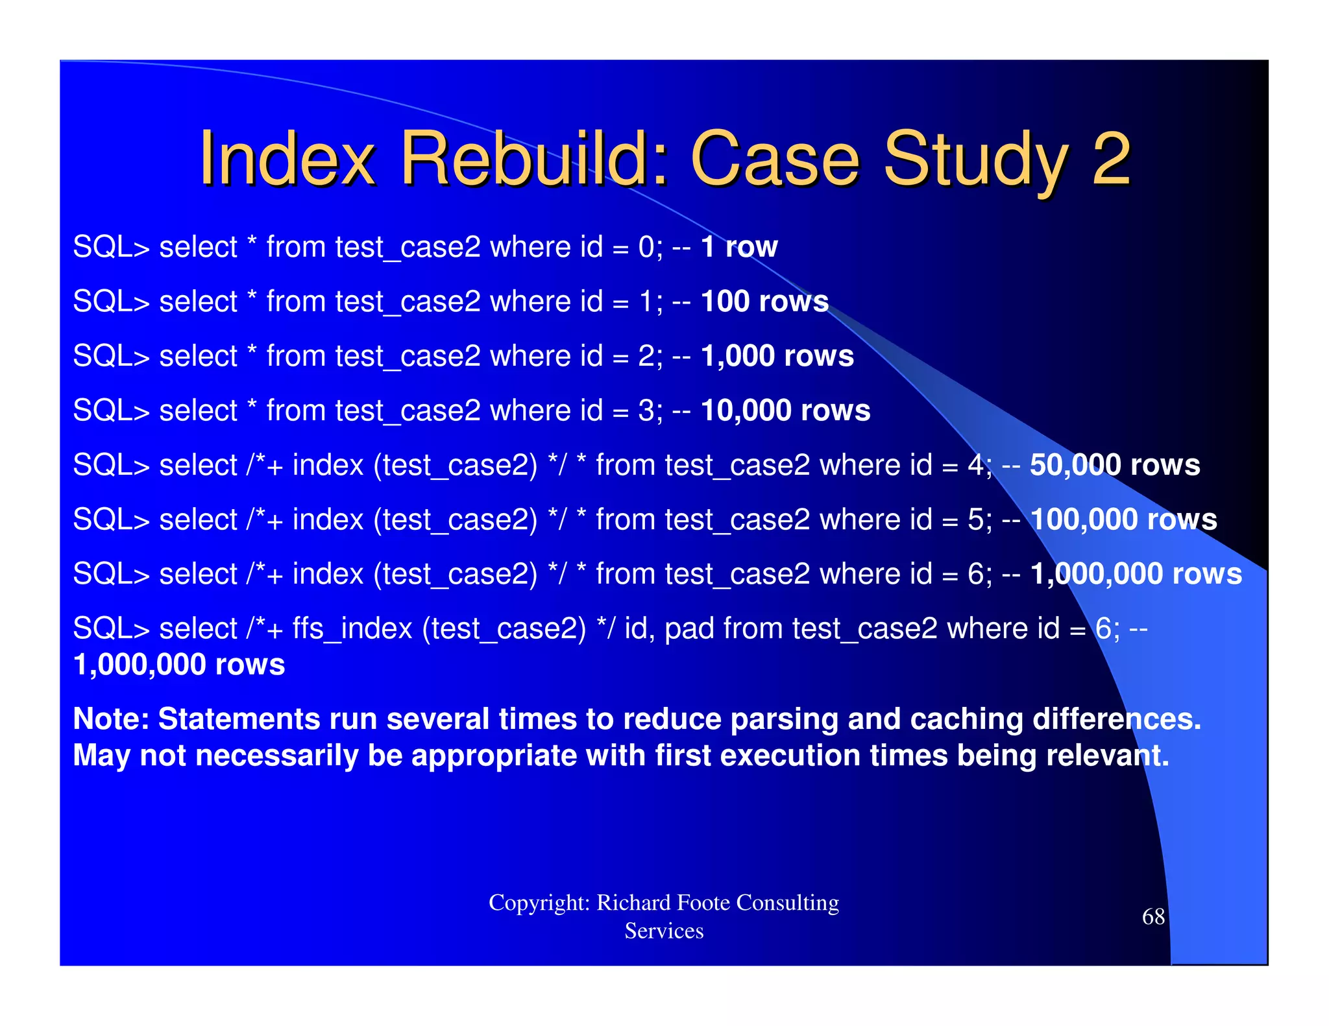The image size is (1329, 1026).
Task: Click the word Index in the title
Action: [x=287, y=159]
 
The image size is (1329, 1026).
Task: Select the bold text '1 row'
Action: [x=739, y=247]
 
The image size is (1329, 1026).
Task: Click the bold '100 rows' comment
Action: [x=764, y=302]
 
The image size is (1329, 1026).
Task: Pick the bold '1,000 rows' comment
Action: [x=777, y=356]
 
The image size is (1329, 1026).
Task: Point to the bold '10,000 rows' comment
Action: [x=785, y=411]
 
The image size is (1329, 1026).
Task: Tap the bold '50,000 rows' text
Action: [x=1114, y=465]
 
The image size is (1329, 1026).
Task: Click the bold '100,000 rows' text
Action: [x=1123, y=519]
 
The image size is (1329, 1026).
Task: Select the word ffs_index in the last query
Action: [x=352, y=628]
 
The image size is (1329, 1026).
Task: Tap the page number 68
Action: [x=1153, y=916]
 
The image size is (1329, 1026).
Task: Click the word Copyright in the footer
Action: [x=538, y=903]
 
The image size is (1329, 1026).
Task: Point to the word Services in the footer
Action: [x=664, y=931]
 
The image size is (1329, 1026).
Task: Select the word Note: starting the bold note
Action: [x=111, y=719]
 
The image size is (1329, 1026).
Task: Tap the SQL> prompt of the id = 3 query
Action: [x=111, y=411]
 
